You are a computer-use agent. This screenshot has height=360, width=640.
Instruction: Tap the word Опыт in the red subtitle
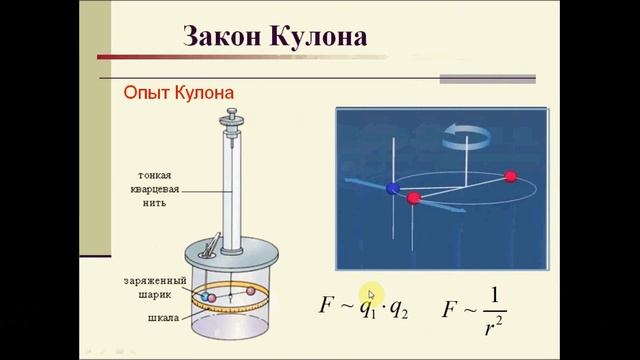(144, 93)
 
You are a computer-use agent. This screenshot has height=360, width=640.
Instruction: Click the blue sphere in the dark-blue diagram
(393, 187)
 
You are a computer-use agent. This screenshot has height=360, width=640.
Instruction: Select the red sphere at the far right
(511, 177)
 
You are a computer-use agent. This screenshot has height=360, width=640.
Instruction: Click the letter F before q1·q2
(325, 305)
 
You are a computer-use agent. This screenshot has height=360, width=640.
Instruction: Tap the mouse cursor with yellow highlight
(369, 293)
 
